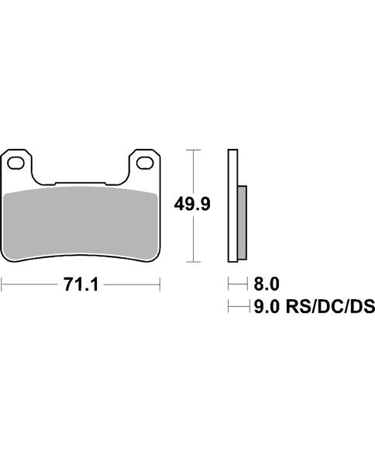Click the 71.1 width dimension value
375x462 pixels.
click(x=81, y=285)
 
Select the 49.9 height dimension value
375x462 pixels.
click(x=192, y=204)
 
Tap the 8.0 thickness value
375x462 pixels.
click(x=267, y=284)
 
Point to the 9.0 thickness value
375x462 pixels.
click(x=267, y=306)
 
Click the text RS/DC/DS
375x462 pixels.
click(x=330, y=306)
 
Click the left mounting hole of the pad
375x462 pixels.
click(x=15, y=164)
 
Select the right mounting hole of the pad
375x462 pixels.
click(x=145, y=164)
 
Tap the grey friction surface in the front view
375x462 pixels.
click(x=81, y=224)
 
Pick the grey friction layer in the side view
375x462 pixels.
click(x=242, y=222)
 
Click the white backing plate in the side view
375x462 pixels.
click(x=232, y=205)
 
